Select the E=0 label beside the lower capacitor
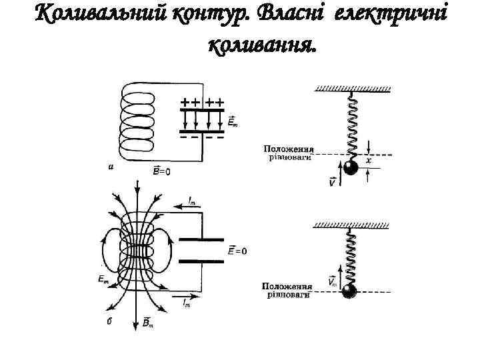[x=238, y=251]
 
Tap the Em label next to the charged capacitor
[x=233, y=122]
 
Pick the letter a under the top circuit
[x=111, y=167]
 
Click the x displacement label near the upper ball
[x=369, y=161]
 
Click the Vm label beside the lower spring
[x=333, y=281]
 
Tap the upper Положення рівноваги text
[x=289, y=153]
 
